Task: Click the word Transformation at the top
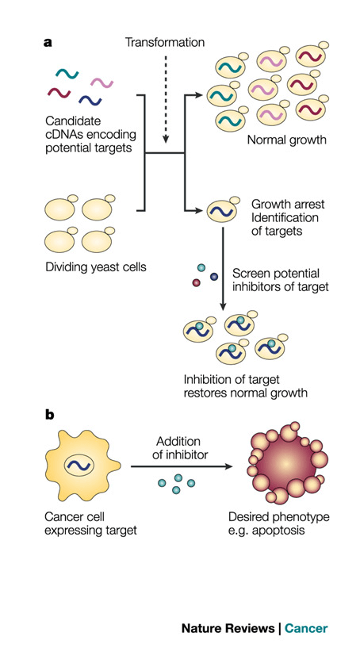(165, 42)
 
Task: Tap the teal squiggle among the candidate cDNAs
(67, 75)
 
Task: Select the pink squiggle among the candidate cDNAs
(101, 82)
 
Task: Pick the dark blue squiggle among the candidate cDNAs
(90, 99)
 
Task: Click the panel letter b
(49, 415)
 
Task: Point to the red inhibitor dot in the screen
(196, 282)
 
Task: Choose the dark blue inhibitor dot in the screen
(214, 276)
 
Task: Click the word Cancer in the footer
(306, 628)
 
